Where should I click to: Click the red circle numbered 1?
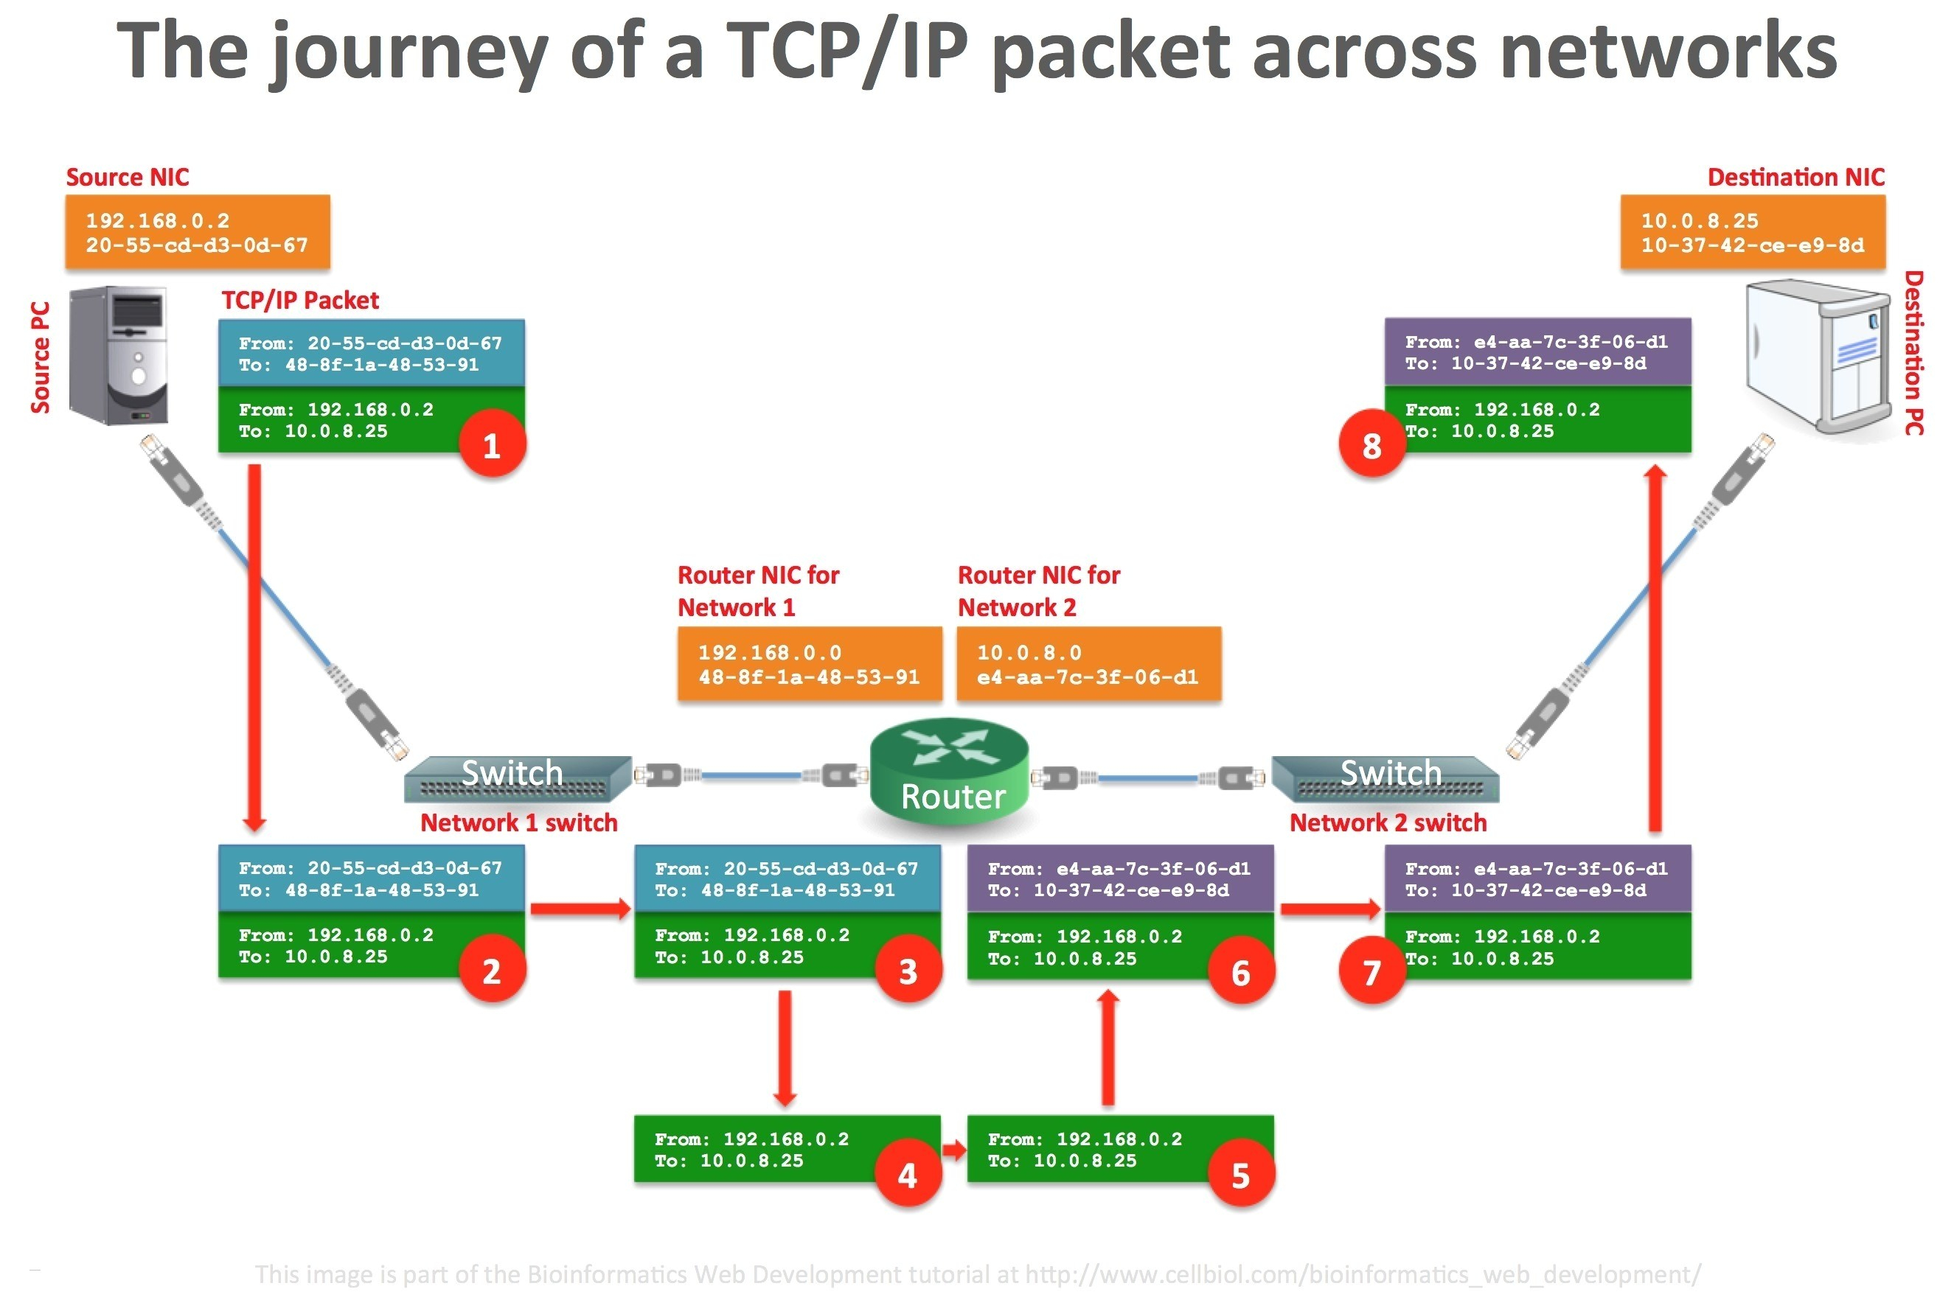[x=492, y=446]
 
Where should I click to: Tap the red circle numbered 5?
[x=1240, y=1175]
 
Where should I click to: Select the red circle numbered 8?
[x=1371, y=446]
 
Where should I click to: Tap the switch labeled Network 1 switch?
[x=518, y=780]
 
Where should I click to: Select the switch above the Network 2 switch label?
[x=1385, y=780]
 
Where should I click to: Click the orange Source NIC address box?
[x=198, y=233]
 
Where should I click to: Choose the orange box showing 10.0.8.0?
[x=1088, y=665]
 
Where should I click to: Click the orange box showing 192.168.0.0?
[x=810, y=665]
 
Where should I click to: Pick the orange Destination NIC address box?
[x=1752, y=233]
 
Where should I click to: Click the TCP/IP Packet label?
[x=299, y=300]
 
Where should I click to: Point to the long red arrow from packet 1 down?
[x=254, y=647]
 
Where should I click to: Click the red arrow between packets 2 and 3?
[x=580, y=909]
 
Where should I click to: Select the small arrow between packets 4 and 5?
[x=954, y=1150]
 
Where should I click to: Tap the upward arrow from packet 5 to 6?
[x=1108, y=1048]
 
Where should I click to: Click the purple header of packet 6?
[x=1119, y=878]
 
